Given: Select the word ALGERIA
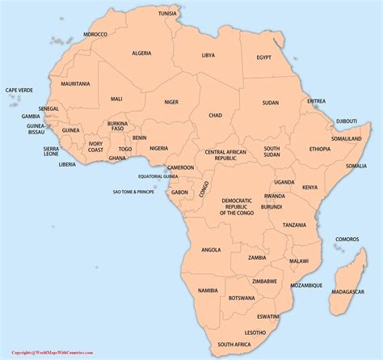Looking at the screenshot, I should [142, 53].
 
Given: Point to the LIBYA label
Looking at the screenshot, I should [209, 56].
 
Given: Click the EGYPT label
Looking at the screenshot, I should [264, 57].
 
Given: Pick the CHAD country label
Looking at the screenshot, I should [215, 116].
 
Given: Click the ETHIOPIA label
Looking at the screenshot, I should [319, 149].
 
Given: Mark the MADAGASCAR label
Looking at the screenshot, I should [347, 291].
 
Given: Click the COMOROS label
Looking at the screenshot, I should [347, 239].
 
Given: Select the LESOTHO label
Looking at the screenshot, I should [255, 332].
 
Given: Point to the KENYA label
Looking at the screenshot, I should [309, 187].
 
